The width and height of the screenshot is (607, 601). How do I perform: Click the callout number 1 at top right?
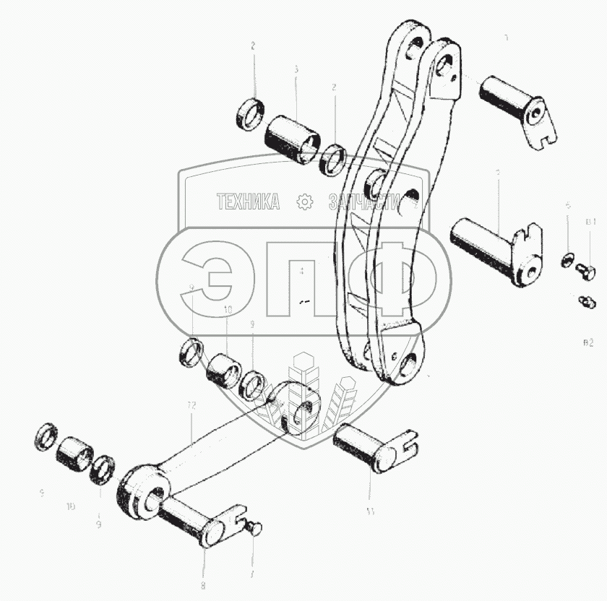click(506, 37)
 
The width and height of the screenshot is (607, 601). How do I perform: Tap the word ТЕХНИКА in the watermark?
click(249, 203)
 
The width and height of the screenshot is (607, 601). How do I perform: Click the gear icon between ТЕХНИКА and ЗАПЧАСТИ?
click(305, 203)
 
